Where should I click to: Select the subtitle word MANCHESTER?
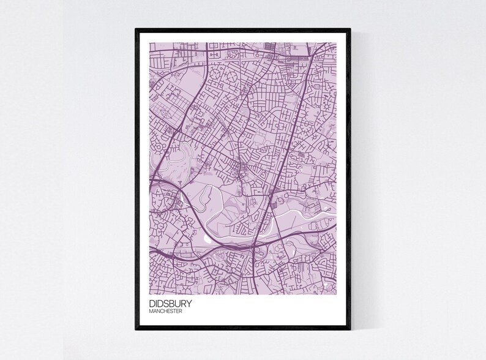pos(165,311)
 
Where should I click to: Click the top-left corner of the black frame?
pos(136,28)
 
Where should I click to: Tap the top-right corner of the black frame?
pos(351,28)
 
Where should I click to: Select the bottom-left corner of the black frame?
pos(136,331)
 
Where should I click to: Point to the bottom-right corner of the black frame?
pos(351,331)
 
